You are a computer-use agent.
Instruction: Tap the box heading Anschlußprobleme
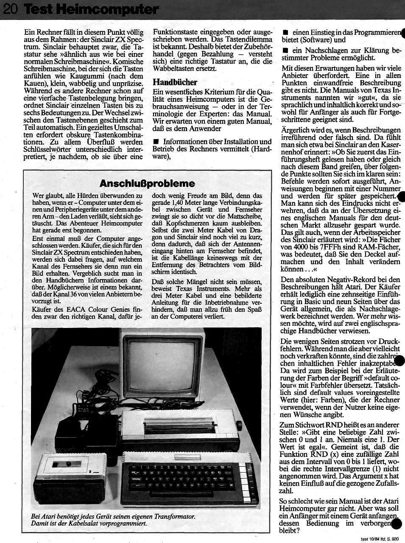click(x=147, y=183)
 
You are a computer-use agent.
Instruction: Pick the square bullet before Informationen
click(x=156, y=141)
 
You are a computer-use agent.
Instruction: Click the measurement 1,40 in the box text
click(x=177, y=203)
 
